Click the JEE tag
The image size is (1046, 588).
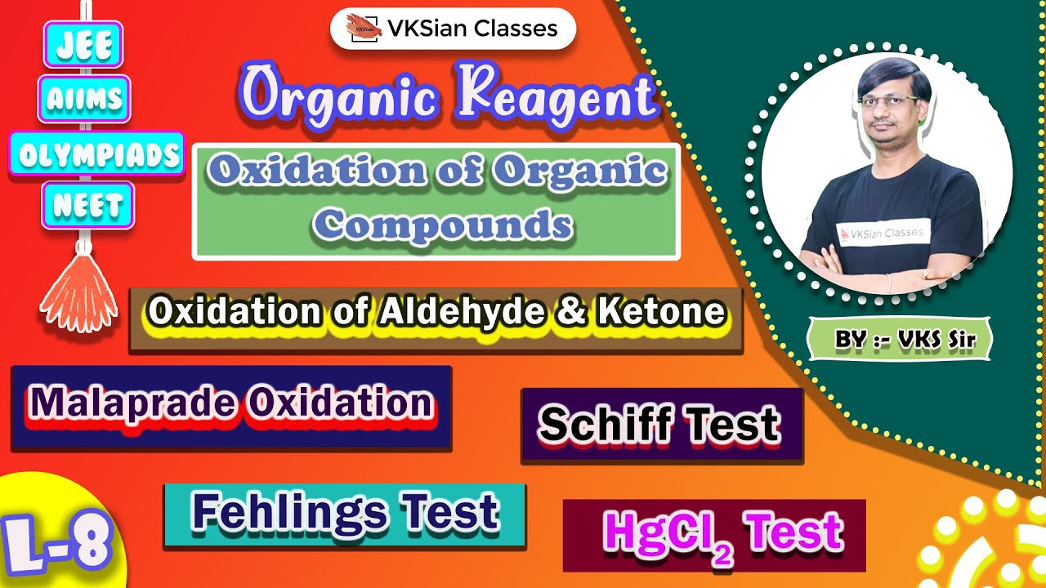tap(84, 47)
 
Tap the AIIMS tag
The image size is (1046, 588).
tap(84, 100)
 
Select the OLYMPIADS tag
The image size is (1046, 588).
tap(96, 154)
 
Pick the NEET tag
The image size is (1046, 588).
tap(87, 207)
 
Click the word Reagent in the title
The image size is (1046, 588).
tap(557, 96)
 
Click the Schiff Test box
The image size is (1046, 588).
tap(661, 425)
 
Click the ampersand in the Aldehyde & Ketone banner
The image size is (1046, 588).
tap(577, 311)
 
